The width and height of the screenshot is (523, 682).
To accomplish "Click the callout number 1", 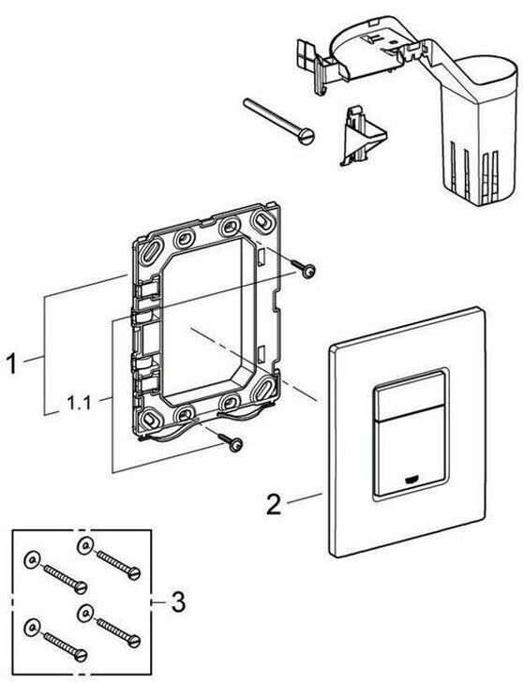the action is pyautogui.click(x=10, y=363).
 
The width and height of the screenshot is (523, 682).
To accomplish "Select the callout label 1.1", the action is pyautogui.click(x=79, y=403).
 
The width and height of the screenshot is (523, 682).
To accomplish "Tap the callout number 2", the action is pyautogui.click(x=274, y=505).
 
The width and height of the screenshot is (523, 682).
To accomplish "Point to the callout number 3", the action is pyautogui.click(x=178, y=602).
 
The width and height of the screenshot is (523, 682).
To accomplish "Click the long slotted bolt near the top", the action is pyautogui.click(x=279, y=121).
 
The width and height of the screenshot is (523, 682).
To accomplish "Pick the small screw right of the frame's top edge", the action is pyautogui.click(x=304, y=268).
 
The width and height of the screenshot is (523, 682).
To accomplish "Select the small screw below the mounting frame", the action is pyautogui.click(x=231, y=441).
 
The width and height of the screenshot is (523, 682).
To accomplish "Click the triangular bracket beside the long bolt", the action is pyautogui.click(x=362, y=135).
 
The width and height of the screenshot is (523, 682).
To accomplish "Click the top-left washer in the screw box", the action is pyautogui.click(x=84, y=545).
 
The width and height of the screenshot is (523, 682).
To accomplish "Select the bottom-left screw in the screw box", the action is pyautogui.click(x=66, y=645).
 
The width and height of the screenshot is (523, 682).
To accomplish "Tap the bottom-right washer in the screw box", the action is pyautogui.click(x=84, y=615).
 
